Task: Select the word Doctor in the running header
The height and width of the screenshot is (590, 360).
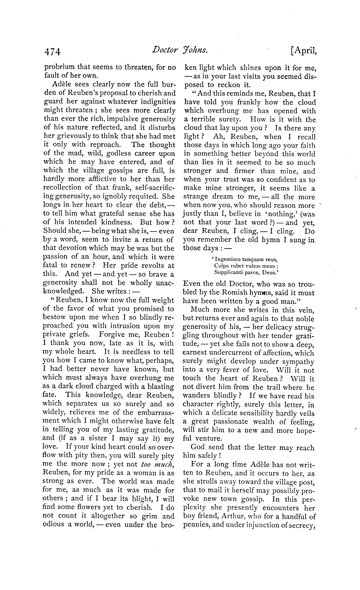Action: (165, 50)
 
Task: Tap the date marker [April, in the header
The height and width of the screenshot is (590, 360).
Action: (303, 50)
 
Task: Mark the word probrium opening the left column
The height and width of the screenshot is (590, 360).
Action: (59, 67)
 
